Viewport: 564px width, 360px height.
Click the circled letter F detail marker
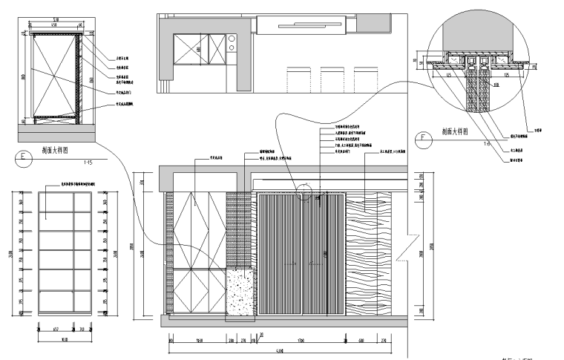[424, 137]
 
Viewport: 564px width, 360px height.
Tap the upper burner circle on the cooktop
[232, 39]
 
